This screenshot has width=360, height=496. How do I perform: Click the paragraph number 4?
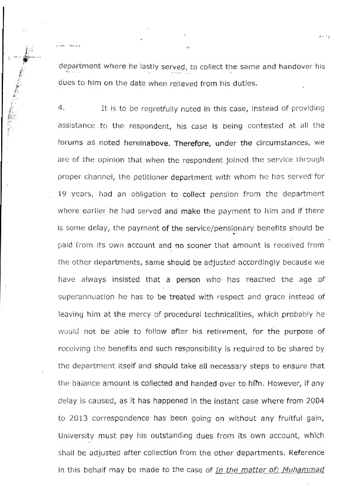[61, 108]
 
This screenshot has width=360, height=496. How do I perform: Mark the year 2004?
[313, 399]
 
